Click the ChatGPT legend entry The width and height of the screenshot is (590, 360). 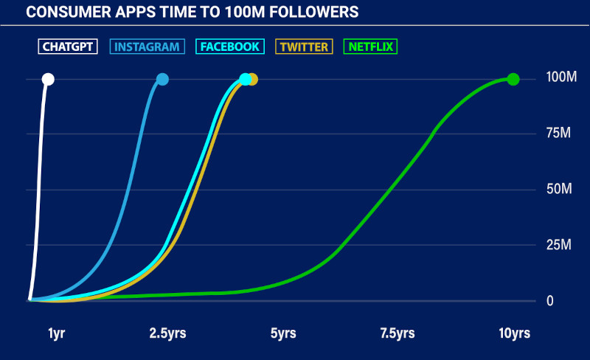[68, 46]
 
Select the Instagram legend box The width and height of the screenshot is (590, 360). [147, 46]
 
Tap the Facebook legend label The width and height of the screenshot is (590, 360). [229, 46]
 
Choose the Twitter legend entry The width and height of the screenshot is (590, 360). [304, 46]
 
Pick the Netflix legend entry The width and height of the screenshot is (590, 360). [372, 46]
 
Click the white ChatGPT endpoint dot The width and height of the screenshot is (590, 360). [48, 79]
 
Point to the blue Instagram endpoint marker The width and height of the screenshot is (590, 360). [163, 79]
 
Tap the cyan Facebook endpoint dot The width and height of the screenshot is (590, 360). [246, 79]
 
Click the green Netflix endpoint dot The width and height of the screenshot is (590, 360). [513, 79]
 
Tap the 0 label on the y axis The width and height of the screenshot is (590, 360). [549, 301]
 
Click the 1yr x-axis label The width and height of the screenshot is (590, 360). [57, 333]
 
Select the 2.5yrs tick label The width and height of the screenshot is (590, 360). [167, 333]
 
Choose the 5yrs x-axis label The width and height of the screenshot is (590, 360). [283, 333]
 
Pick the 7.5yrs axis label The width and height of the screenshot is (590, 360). [397, 333]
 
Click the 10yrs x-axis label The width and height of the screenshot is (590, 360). [514, 333]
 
